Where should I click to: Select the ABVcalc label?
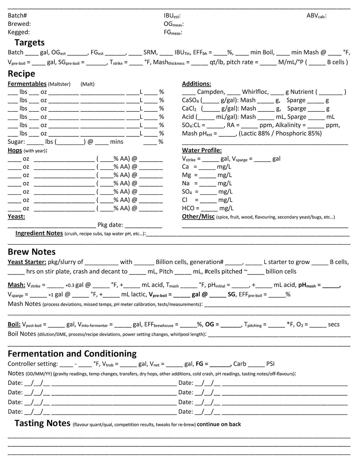pyautogui.click(x=316, y=16)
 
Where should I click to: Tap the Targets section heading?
pyautogui.click(x=29, y=43)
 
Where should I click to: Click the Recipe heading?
pyautogui.click(x=21, y=74)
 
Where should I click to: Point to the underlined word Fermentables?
pyautogui.click(x=27, y=84)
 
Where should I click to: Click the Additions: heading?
pyautogui.click(x=196, y=84)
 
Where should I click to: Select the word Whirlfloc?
pyautogui.click(x=255, y=92)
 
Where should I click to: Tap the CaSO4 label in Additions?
pyautogui.click(x=190, y=100)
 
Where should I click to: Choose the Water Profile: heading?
pyautogui.click(x=202, y=150)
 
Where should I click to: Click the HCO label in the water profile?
pyautogui.click(x=188, y=208)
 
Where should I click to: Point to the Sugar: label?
pyautogui.click(x=16, y=142)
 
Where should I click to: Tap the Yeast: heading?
pyautogui.click(x=16, y=217)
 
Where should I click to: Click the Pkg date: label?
pyautogui.click(x=110, y=225)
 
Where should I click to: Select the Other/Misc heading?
pyautogui.click(x=198, y=217)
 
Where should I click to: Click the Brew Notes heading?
pyautogui.click(x=32, y=252)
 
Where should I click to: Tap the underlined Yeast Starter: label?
pyautogui.click(x=27, y=262)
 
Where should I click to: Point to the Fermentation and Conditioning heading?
pyautogui.click(x=72, y=354)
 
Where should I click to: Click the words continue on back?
pyautogui.click(x=219, y=425)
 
